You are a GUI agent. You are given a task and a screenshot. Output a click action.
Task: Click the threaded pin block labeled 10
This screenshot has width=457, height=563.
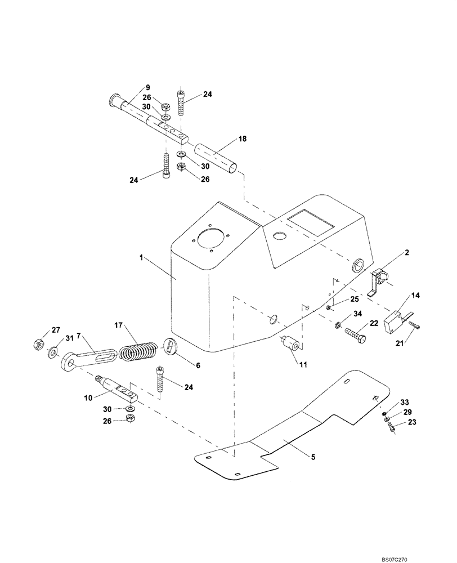pyautogui.click(x=120, y=389)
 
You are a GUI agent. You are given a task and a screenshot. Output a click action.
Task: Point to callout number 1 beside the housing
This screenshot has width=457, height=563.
pyautogui.click(x=142, y=257)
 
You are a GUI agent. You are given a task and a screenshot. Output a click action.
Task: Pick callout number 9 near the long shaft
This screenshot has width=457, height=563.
pyautogui.click(x=147, y=87)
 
